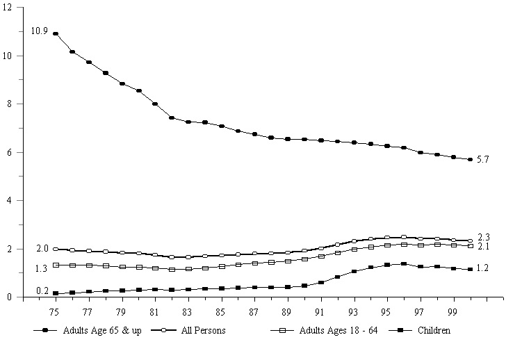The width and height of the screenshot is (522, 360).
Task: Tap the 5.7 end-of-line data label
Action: pyautogui.click(x=484, y=160)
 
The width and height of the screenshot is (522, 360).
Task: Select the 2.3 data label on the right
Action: pyautogui.click(x=484, y=238)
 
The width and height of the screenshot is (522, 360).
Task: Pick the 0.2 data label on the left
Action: pyautogui.click(x=42, y=291)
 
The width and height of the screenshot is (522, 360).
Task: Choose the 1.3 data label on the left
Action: pyautogui.click(x=42, y=268)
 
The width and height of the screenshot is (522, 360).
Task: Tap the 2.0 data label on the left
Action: pyautogui.click(x=42, y=249)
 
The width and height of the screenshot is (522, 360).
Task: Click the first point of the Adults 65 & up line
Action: pyautogui.click(x=55, y=33)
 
